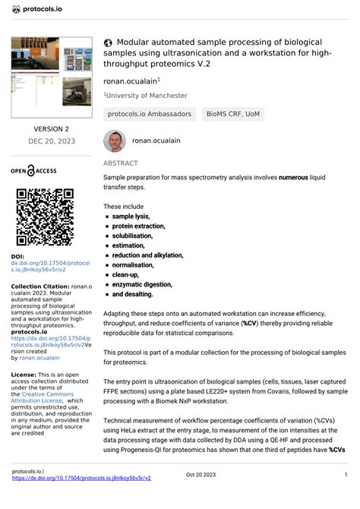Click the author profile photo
114,141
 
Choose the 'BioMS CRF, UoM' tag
232,115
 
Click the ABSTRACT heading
121,163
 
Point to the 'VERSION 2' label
51,129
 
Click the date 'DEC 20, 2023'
51,141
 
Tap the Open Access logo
43,170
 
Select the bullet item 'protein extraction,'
138,226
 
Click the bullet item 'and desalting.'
132,294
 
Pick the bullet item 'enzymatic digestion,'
143,284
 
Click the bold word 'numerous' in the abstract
293,177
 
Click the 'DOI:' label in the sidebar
18,257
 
